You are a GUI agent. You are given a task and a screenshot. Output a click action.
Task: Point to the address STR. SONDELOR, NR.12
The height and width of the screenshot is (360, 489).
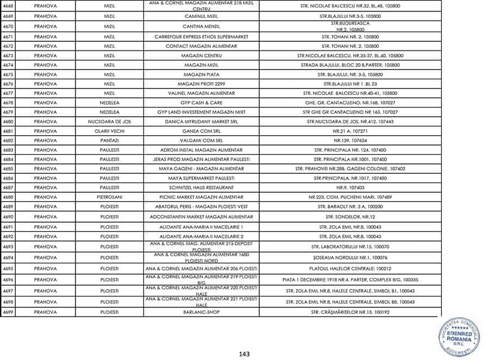pos(350,217)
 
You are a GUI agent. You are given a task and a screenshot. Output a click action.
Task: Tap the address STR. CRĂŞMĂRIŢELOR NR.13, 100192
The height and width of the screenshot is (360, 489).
pos(350,312)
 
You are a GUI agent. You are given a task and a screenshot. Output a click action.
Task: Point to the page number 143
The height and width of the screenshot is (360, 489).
pos(244,354)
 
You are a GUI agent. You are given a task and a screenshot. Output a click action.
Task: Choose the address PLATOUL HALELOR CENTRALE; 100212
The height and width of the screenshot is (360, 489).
pos(350,269)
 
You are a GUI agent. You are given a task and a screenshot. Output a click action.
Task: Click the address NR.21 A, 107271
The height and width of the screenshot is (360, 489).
pos(350,131)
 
